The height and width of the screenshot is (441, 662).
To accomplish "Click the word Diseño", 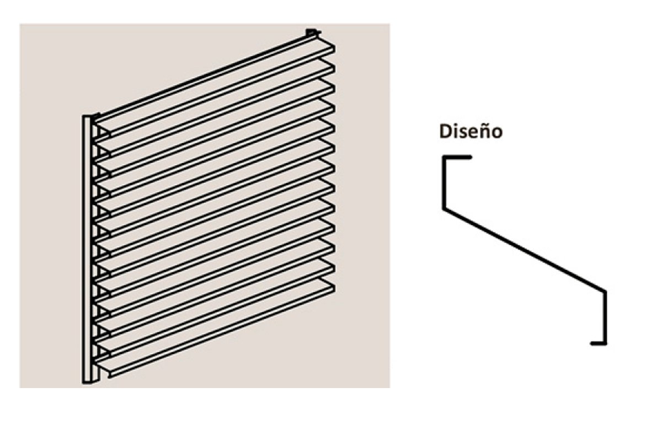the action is coord(471,131).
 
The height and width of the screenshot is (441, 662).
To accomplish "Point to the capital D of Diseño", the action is coord(445,131).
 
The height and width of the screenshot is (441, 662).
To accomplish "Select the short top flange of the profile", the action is coord(457,157).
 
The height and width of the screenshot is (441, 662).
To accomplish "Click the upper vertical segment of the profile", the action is coord(444,183).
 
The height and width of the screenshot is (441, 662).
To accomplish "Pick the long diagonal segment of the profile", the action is coord(525,250).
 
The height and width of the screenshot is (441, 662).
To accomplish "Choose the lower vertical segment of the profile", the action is coord(605,318).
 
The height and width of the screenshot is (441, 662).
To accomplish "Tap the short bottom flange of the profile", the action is coord(599,343).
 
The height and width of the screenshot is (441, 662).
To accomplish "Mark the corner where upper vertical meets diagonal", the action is coord(444,209).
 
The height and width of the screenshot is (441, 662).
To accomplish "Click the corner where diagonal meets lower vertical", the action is coord(605,292).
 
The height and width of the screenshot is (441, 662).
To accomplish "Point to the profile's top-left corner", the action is coord(444,157).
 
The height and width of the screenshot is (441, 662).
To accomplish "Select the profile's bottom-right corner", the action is coord(605,343).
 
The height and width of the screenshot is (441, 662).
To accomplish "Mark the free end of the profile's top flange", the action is coord(471,157).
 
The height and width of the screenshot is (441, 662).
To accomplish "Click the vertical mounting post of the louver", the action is coord(88,250).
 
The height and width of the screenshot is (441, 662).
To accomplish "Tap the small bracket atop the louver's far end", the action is coord(312,33).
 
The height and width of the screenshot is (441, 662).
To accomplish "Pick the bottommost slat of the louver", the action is coord(215,328).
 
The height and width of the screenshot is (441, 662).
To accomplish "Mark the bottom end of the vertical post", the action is coord(88,383).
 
